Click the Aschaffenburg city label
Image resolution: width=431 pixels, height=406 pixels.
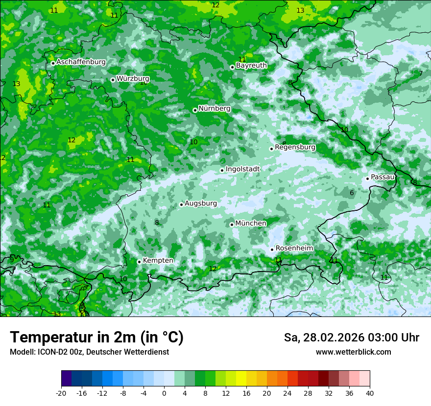[81, 62]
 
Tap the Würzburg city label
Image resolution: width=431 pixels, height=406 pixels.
[133, 78]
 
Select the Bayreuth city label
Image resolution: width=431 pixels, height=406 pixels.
[251, 65]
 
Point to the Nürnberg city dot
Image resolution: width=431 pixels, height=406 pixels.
[195, 110]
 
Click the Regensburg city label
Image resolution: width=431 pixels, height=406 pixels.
[295, 147]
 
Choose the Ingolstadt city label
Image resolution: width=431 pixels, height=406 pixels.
[242, 169]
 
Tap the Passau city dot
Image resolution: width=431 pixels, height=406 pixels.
[367, 179]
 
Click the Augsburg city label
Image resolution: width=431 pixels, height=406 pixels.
[200, 203]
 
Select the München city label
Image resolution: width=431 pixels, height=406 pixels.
[251, 223]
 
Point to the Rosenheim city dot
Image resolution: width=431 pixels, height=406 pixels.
[272, 249]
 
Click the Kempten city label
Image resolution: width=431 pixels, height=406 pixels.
[158, 260]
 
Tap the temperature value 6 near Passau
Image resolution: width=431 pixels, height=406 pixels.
[352, 193]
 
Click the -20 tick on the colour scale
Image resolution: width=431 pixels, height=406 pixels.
[61, 393]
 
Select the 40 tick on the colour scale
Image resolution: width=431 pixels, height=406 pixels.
[369, 393]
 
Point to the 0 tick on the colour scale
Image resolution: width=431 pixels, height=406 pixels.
[164, 393]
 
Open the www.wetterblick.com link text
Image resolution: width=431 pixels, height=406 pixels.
[353, 352]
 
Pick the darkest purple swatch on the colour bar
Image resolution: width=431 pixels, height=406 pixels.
[66, 379]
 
